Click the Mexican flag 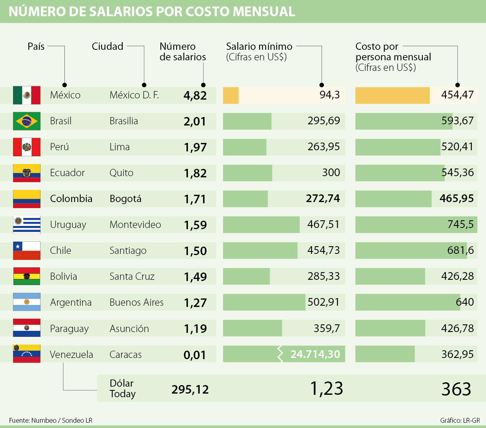27,95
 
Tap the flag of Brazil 27,121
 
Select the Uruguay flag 27,225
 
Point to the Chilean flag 27,251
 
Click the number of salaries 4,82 195,96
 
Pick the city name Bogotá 126,199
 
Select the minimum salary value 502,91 323,302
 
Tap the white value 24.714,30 315,354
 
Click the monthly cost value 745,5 460,224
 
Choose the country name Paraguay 69,328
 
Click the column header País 36,46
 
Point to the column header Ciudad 107,46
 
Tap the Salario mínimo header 259,47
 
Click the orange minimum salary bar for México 231,96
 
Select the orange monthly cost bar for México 392,96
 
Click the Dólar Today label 122,388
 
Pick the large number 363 456,389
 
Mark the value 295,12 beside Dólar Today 190,390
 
